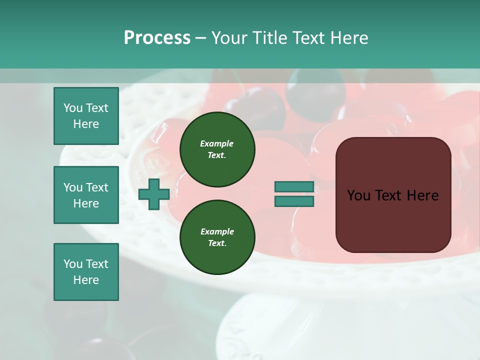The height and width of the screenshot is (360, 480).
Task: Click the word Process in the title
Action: click(157, 38)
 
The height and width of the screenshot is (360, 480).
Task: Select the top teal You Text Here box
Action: click(86, 116)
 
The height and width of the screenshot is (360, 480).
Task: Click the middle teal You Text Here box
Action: click(86, 195)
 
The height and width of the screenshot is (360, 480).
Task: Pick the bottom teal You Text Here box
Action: click(86, 272)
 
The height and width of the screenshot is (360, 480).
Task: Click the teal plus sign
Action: click(153, 194)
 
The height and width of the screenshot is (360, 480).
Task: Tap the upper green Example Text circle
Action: click(217, 149)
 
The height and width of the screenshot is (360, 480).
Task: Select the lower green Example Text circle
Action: click(217, 237)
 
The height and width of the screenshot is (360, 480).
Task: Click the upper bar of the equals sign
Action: click(294, 187)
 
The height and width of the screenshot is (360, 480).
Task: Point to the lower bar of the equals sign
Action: click(294, 201)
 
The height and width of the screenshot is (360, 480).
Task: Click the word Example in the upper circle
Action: click(217, 143)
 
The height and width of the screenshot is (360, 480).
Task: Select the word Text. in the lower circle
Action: click(217, 243)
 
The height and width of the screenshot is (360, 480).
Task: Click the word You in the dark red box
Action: click(358, 195)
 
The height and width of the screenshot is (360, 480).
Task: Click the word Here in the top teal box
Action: click(86, 124)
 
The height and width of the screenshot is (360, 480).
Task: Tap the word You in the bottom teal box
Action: click(73, 264)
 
